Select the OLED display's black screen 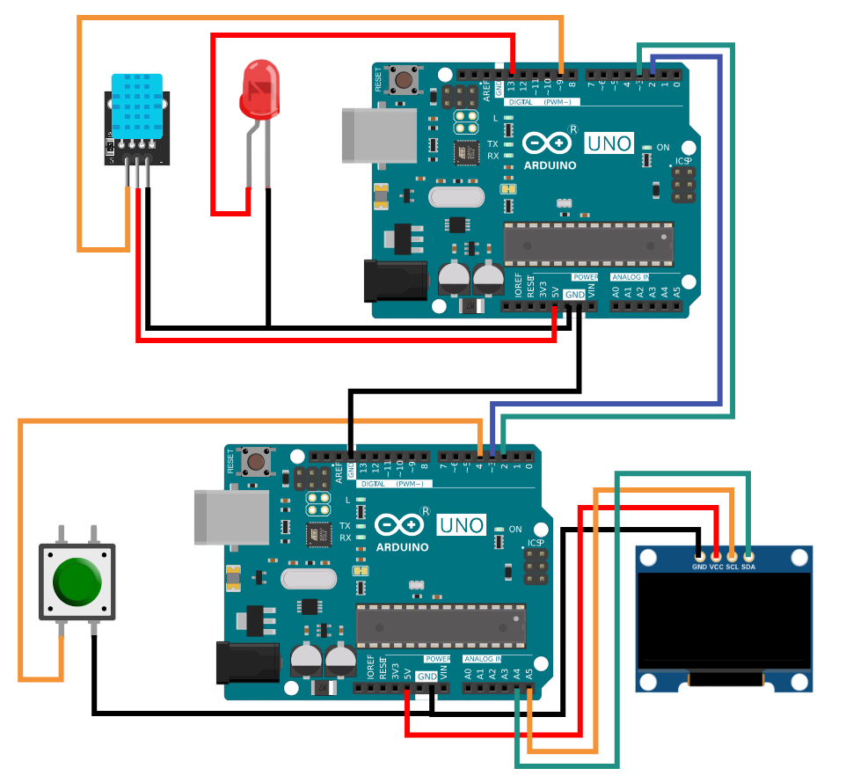[x=724, y=621]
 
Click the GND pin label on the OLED [x=699, y=567]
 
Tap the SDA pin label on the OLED [x=748, y=567]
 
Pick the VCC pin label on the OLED [x=716, y=567]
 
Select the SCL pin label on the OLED [x=732, y=567]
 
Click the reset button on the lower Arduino [x=258, y=459]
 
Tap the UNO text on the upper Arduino [x=609, y=143]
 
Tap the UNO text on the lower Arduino [x=462, y=525]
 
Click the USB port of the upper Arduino [x=379, y=135]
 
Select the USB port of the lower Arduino [x=231, y=517]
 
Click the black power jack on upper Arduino [x=395, y=281]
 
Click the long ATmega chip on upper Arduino [x=588, y=244]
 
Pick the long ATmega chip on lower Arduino [x=441, y=626]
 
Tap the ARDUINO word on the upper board [x=550, y=165]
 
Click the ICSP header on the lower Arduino [x=533, y=567]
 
